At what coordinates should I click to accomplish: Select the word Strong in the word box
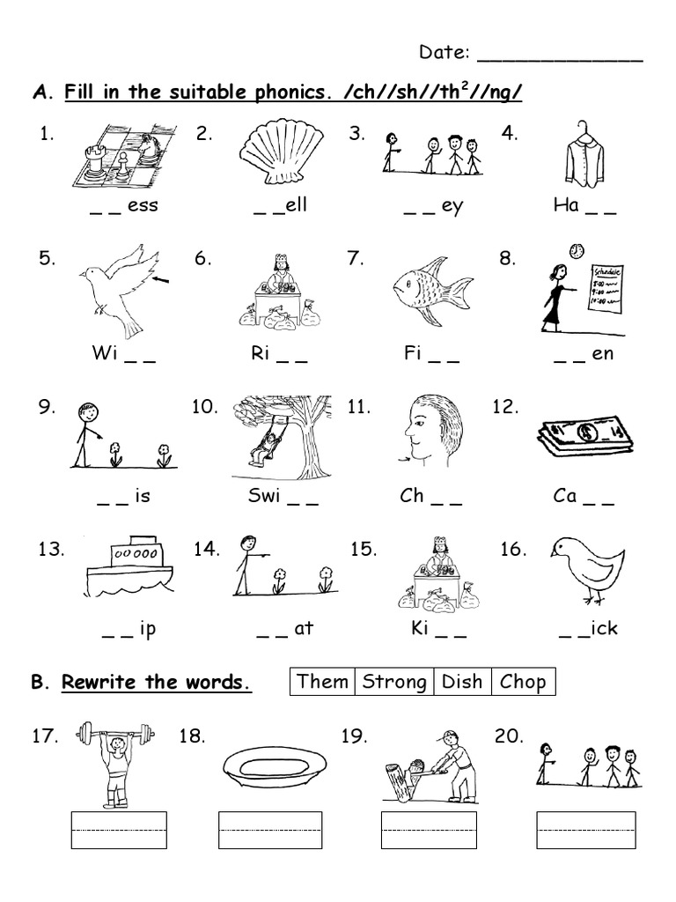(394, 681)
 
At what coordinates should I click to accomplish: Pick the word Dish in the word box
(462, 681)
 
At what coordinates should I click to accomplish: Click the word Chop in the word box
(523, 681)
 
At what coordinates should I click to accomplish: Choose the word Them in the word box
(322, 681)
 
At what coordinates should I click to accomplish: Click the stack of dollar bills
(583, 437)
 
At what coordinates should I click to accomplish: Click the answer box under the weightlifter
(118, 831)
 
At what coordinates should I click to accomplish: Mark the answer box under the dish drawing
(267, 831)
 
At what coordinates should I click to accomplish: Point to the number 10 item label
(204, 407)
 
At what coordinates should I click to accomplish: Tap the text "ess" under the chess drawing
(143, 207)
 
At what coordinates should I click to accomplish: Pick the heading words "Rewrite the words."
(157, 682)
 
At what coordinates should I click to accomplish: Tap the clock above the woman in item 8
(577, 250)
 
